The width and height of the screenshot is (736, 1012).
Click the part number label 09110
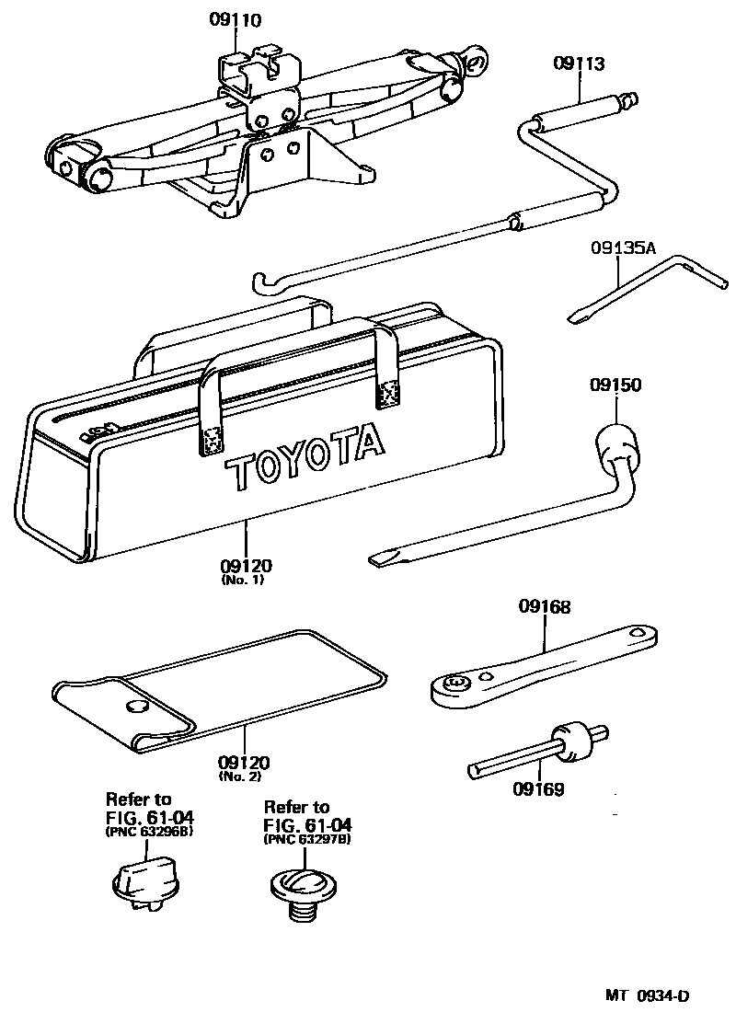(235, 18)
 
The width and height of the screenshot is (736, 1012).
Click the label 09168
(545, 606)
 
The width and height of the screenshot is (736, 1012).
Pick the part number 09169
(538, 788)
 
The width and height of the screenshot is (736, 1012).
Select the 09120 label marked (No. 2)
(244, 763)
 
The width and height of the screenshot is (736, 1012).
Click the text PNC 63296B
(148, 831)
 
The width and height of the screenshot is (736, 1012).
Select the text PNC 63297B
(306, 839)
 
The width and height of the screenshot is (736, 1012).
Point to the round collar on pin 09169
(568, 742)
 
